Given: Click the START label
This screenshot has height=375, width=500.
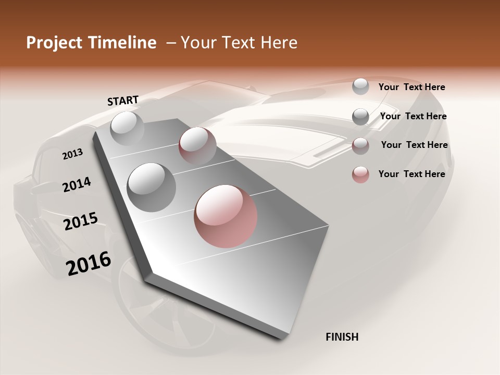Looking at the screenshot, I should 123,101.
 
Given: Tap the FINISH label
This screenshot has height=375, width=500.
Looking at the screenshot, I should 342,337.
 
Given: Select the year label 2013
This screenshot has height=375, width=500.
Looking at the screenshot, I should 72,154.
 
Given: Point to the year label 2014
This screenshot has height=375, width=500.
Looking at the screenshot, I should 77,184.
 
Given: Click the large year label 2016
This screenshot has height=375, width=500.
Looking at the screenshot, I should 89,263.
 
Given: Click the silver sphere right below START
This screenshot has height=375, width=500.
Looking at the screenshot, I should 127,128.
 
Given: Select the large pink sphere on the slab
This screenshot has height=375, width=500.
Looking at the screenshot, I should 226,216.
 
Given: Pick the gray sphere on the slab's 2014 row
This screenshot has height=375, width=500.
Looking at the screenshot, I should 151,187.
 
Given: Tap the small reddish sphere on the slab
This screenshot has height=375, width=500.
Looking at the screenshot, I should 197,145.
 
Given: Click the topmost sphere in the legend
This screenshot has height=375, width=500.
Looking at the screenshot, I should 360,86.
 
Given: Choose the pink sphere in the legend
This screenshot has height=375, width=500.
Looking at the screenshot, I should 360,174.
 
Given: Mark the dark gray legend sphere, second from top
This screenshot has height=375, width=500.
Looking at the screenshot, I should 360,116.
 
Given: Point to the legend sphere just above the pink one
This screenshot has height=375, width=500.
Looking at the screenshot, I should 360,146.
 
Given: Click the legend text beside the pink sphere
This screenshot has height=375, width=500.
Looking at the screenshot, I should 411,174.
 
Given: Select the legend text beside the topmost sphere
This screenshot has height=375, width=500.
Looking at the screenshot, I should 411,87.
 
